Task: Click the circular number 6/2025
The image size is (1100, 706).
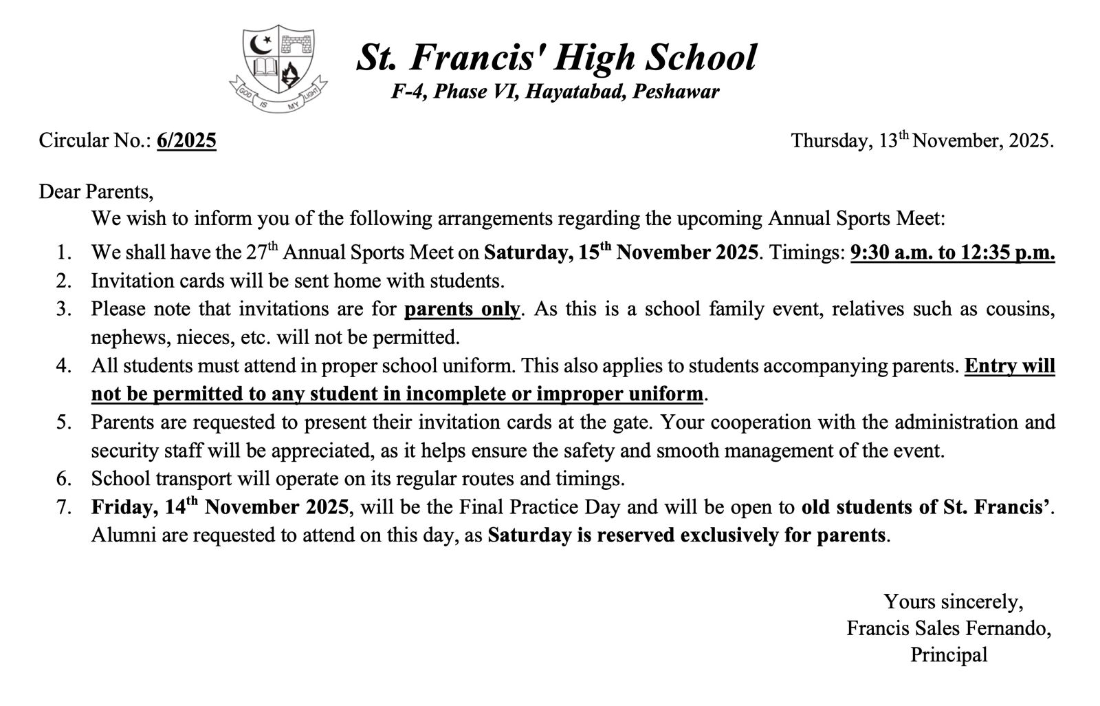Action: (x=186, y=140)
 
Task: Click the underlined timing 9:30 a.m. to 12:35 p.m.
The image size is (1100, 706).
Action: (x=952, y=253)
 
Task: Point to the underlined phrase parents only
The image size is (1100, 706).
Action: (x=462, y=309)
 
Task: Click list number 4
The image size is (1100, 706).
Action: (x=64, y=365)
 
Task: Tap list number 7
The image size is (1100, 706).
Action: (x=64, y=507)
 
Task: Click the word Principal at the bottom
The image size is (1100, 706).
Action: (x=949, y=654)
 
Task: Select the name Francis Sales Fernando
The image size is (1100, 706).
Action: (x=948, y=628)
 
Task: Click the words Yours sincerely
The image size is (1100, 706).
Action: (x=953, y=601)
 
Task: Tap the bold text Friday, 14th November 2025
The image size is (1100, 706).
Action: (x=220, y=507)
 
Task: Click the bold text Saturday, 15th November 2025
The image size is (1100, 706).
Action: (x=621, y=253)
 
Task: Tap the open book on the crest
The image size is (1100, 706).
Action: (x=265, y=69)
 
